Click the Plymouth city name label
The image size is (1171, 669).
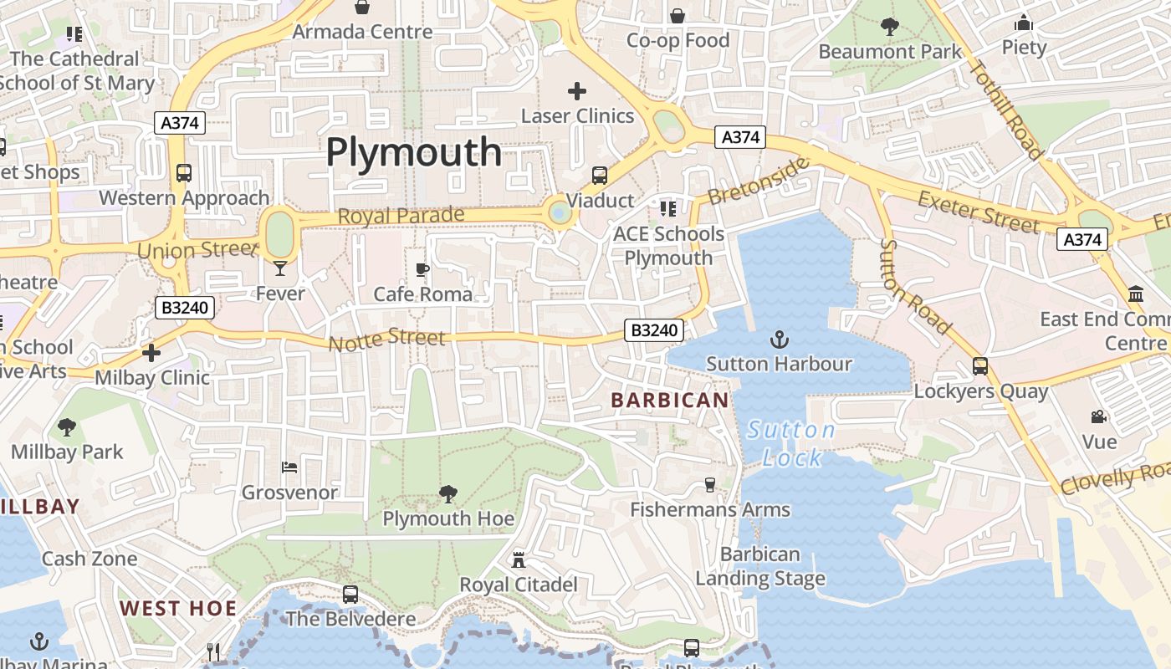coord(414,152)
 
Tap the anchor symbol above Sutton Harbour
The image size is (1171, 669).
coord(779,340)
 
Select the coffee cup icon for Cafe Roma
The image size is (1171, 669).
coord(422,269)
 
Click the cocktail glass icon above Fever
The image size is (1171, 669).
coord(280,268)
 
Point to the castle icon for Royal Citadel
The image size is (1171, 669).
coord(519,559)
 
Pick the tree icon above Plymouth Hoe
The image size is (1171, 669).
coord(448,494)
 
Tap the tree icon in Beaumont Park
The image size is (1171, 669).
coord(890,27)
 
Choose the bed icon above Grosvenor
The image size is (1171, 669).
coord(289,467)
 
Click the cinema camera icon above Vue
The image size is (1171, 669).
coord(1099,416)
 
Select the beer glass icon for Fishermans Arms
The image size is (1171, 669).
coord(710,485)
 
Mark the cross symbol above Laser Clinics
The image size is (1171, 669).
coord(577,90)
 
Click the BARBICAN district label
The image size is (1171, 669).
coord(670,400)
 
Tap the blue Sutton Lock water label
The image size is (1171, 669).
coord(791,444)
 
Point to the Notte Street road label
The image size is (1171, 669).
coord(386,340)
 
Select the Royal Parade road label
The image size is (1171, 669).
coord(401,215)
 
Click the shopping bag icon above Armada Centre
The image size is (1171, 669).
coord(362,8)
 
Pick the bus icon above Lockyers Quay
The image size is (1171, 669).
coord(980,366)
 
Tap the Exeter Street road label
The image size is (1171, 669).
coord(979,212)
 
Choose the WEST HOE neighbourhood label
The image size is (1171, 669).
coord(178,608)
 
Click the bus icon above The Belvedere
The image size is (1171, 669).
coord(350,595)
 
